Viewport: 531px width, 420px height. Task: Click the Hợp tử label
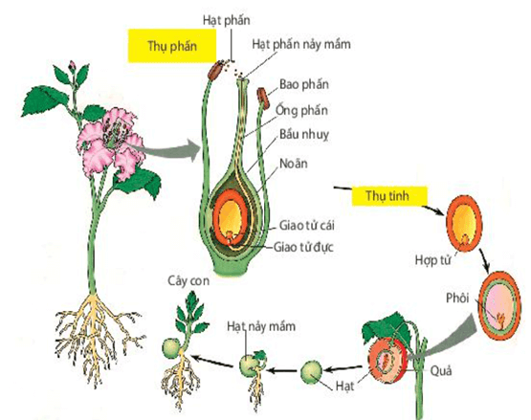[432, 257]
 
